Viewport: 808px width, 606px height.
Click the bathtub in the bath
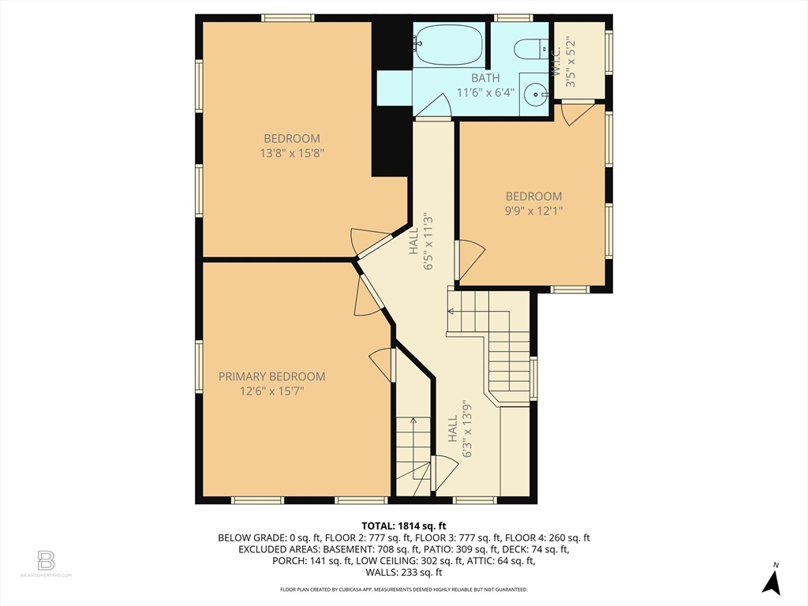pos(448,45)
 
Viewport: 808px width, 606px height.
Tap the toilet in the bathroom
pos(531,49)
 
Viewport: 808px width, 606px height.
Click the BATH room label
pos(485,78)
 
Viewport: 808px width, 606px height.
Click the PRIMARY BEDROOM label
pos(271,376)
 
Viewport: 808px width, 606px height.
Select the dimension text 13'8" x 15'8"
pos(292,153)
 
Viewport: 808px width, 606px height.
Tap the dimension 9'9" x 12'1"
pos(533,210)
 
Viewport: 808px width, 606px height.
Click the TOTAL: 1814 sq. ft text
pos(403,526)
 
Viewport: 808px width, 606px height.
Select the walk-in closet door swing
pos(576,114)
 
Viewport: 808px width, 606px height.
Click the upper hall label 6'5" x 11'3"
pos(421,242)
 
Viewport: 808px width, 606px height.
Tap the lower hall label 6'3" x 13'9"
pos(460,428)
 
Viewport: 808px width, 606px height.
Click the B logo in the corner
pos(46,560)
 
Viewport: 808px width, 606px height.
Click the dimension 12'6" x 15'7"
pos(271,391)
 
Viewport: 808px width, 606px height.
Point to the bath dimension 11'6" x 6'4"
pos(485,92)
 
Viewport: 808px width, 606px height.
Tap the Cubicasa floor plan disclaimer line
pos(403,589)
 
